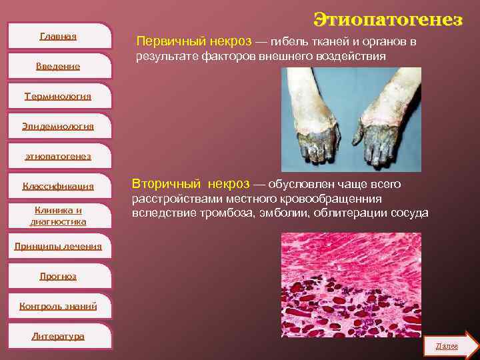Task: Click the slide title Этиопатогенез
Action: (x=388, y=19)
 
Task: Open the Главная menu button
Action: (x=58, y=36)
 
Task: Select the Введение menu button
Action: (x=58, y=66)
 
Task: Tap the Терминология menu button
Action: (x=58, y=97)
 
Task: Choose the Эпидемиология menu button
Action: (x=59, y=126)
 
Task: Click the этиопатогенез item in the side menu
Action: (x=58, y=157)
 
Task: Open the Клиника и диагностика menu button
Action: (x=58, y=215)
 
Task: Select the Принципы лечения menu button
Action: (x=59, y=246)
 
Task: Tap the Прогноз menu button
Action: (x=58, y=276)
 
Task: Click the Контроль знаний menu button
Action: (x=58, y=306)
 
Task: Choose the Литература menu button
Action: (x=58, y=336)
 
